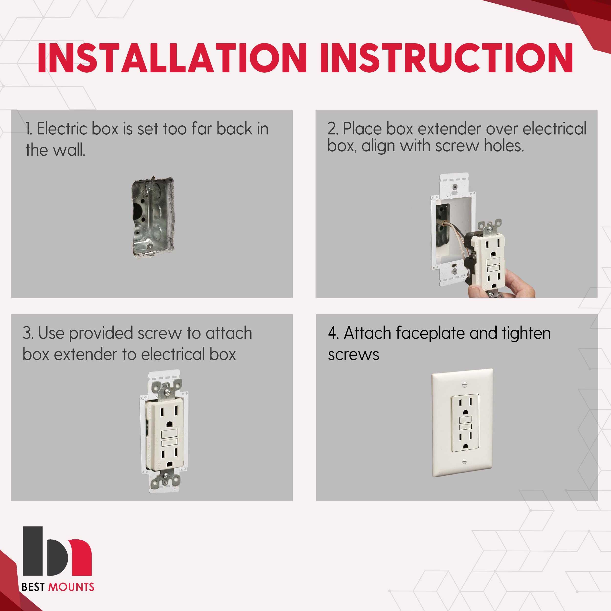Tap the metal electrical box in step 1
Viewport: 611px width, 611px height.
pos(153,217)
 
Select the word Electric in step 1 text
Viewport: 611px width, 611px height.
pos(62,129)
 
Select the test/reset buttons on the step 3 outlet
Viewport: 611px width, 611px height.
pos(170,438)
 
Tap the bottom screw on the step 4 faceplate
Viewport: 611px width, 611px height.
pos(464,461)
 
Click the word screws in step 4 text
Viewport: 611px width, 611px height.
pos(353,355)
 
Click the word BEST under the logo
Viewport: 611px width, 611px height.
pos(33,587)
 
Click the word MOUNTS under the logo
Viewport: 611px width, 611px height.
pos(71,587)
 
